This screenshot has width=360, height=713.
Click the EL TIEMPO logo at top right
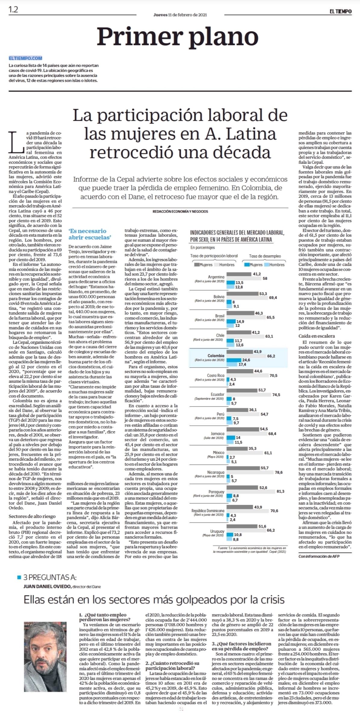tap(340, 11)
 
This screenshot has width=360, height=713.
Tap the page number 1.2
tap(13, 10)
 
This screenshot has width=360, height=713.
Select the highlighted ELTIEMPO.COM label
tap(26, 58)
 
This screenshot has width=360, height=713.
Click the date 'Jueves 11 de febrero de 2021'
tap(180, 15)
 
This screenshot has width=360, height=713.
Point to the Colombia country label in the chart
tap(216, 356)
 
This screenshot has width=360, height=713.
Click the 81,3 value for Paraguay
tap(280, 491)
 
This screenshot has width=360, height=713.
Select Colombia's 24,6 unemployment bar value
tap(246, 360)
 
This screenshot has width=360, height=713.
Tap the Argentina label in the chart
tap(216, 277)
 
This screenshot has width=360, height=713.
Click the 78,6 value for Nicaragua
tap(278, 472)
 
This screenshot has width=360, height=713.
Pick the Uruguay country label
tap(217, 531)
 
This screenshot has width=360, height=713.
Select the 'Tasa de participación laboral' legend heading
tap(214, 256)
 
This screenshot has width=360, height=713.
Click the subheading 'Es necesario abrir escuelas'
tap(87, 234)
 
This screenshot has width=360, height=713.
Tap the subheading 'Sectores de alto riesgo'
tap(32, 516)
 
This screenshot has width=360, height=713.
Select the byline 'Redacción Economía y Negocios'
tap(180, 211)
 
